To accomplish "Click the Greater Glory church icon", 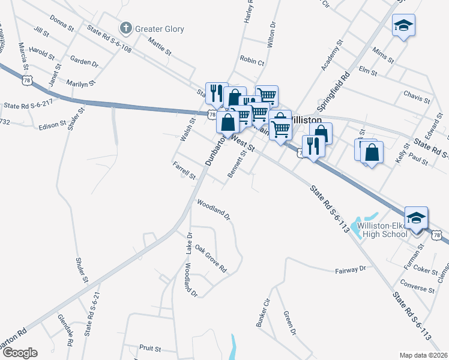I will point(126,28).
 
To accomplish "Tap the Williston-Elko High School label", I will point(382,230).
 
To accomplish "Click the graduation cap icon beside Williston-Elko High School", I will point(416,218).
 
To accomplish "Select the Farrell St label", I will point(184,170).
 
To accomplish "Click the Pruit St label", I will point(149,348).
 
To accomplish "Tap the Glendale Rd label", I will point(65,330).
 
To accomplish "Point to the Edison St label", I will point(53,124).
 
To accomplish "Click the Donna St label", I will point(62,23).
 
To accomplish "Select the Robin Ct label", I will point(252,61).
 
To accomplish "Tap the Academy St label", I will point(331,55).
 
